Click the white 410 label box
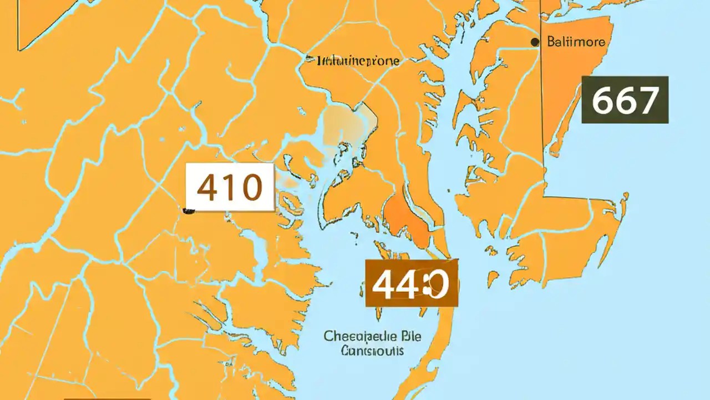coord(230,187)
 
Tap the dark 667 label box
coord(625,100)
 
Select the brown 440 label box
coord(411,283)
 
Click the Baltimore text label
coord(576,42)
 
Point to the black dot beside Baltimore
coord(535,42)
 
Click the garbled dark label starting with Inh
coord(358,61)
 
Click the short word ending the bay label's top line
coord(395,336)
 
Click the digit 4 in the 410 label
coord(208,188)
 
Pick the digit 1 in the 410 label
coord(229,188)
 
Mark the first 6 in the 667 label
coord(602,101)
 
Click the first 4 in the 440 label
coord(383,284)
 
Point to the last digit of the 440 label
coord(435,284)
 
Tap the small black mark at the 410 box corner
coord(189,211)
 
